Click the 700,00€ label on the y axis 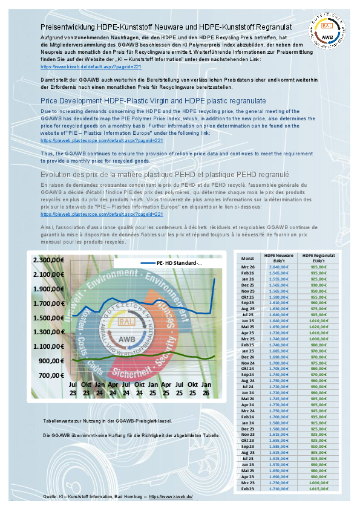click(x=53, y=375)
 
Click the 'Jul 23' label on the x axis click(x=72, y=389)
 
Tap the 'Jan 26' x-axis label click(x=206, y=389)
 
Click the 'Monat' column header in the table click(x=247, y=258)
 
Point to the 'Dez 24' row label click(x=247, y=357)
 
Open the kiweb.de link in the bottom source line click(x=171, y=496)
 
